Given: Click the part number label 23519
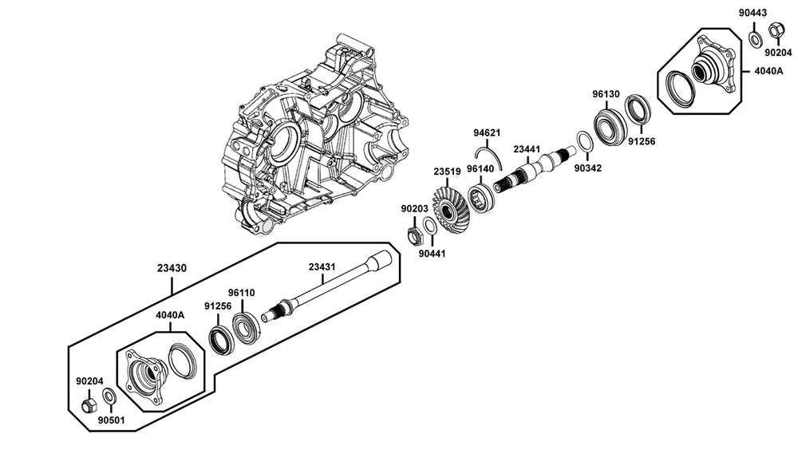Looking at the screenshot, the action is [447, 172].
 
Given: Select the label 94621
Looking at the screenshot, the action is [487, 133].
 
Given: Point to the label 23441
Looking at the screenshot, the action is [527, 149].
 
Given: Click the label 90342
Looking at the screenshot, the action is [588, 168].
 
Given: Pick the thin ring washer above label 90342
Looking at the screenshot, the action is [584, 141].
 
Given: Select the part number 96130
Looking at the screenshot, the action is [606, 94].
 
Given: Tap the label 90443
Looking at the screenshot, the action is [753, 13].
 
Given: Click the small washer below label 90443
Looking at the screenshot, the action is [755, 38].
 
